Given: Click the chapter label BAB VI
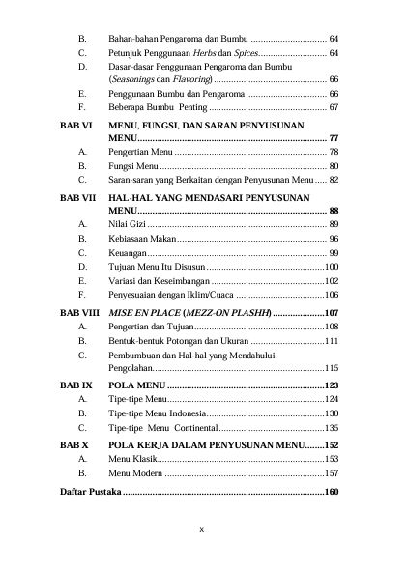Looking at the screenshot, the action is [74, 126].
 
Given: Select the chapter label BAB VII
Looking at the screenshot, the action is [76, 196].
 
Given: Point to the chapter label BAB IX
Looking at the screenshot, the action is [75, 385].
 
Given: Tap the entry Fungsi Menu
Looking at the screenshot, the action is [133, 166].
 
